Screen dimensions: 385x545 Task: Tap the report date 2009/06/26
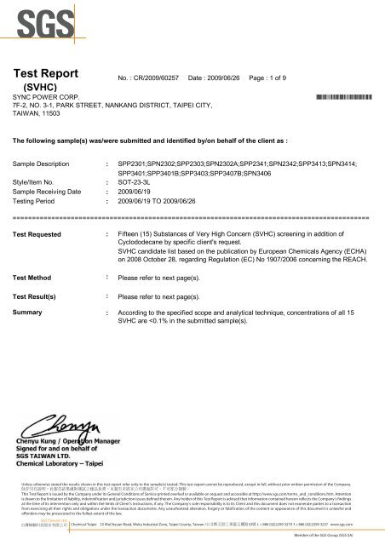click(x=212, y=77)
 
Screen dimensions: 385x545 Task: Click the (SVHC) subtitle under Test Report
click(x=40, y=86)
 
